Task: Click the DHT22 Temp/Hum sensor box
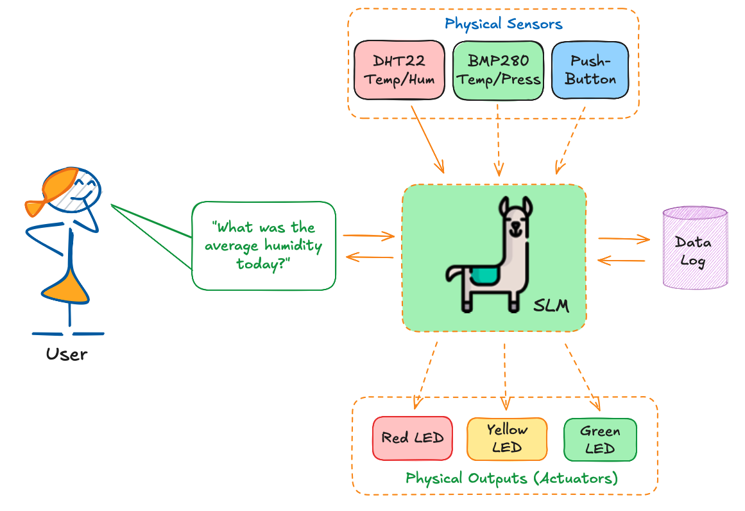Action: pyautogui.click(x=399, y=70)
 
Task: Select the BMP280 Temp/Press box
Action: pyautogui.click(x=498, y=71)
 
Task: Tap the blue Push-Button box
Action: pyautogui.click(x=590, y=71)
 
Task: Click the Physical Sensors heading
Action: pyautogui.click(x=503, y=24)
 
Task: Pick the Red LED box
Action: pyautogui.click(x=413, y=438)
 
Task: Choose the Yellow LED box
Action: pyautogui.click(x=507, y=439)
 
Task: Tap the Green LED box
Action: pyautogui.click(x=600, y=440)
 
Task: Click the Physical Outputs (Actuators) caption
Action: pyautogui.click(x=511, y=478)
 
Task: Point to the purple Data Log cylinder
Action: pyautogui.click(x=694, y=247)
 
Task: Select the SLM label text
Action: pyautogui.click(x=551, y=305)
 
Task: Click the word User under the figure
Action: pyautogui.click(x=67, y=354)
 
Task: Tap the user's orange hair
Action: pyautogui.click(x=55, y=189)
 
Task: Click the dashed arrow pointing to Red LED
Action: pyautogui.click(x=427, y=375)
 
